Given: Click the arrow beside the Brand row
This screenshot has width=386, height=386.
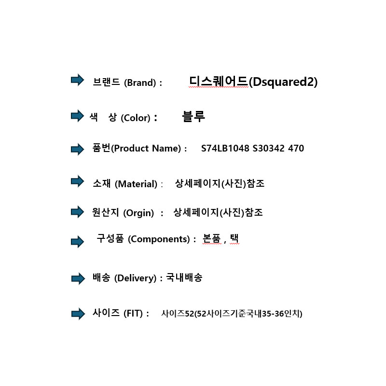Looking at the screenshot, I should pyautogui.click(x=77, y=80).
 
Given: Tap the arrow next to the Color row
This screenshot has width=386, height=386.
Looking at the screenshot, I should pyautogui.click(x=77, y=116).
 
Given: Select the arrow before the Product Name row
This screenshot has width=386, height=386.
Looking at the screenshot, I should pyautogui.click(x=77, y=149).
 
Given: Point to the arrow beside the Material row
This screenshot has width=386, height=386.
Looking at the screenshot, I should pyautogui.click(x=77, y=181).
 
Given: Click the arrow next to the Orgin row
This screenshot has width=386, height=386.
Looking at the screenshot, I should pyautogui.click(x=77, y=211).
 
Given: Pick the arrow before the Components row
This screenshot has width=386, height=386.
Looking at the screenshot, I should pyautogui.click(x=77, y=242).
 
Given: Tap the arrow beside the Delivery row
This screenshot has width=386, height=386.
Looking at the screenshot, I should pyautogui.click(x=78, y=278).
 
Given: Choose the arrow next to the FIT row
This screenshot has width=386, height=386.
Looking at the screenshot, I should pyautogui.click(x=78, y=314).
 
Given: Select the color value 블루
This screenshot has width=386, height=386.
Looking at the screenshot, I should pyautogui.click(x=193, y=116).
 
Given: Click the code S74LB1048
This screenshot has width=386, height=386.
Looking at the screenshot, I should pyautogui.click(x=225, y=149).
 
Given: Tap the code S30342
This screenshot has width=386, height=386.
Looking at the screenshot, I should pyautogui.click(x=269, y=149).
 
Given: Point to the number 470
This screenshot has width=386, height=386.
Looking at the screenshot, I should pyautogui.click(x=296, y=149).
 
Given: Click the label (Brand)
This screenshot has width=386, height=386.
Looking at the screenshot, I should pyautogui.click(x=140, y=83).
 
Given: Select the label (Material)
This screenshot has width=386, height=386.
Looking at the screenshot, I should pyautogui.click(x=138, y=184).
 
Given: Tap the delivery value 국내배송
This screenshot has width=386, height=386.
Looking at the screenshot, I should pyautogui.click(x=184, y=277).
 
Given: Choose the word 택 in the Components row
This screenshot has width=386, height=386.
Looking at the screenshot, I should pyautogui.click(x=234, y=239).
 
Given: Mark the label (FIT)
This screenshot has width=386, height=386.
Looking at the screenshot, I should pyautogui.click(x=133, y=314).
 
